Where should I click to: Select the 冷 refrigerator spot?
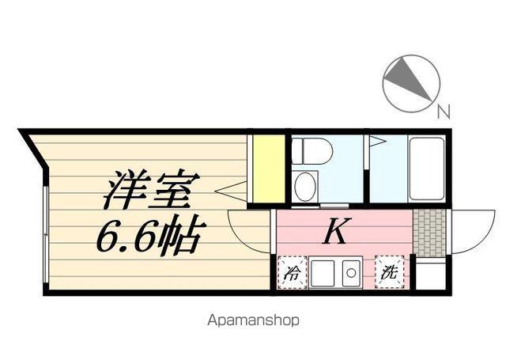(292, 273)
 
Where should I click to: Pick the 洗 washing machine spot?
(389, 272)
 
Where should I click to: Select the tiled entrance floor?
(429, 232)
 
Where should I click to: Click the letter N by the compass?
(444, 112)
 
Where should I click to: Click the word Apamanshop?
(253, 321)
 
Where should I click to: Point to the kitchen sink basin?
(323, 274)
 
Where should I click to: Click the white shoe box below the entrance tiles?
(429, 275)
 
